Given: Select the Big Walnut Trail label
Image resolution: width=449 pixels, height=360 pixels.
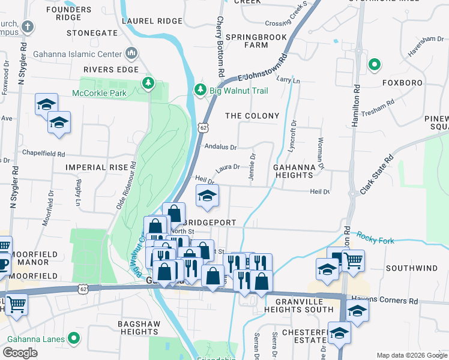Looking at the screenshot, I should [x=238, y=91].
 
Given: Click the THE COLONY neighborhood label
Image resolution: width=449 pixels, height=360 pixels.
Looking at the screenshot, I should [x=252, y=116].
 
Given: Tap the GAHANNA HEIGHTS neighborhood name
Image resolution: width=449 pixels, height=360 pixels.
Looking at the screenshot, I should [x=294, y=170].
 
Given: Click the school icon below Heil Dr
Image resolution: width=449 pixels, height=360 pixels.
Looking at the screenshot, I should [x=207, y=196].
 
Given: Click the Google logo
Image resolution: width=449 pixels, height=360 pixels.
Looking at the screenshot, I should [x=20, y=353].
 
